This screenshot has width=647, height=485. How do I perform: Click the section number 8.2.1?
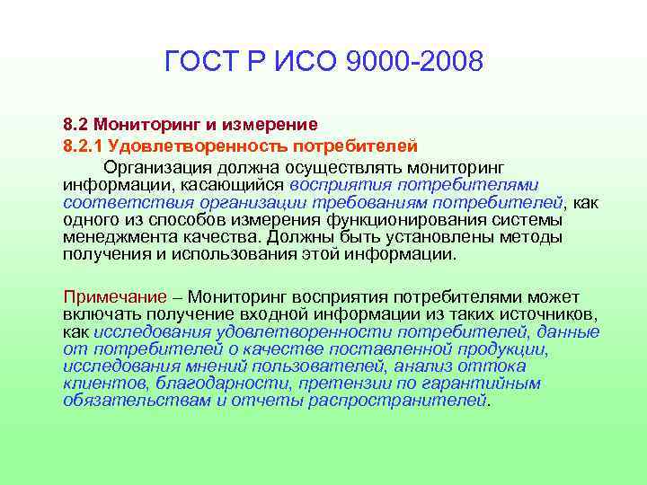pos(86,145)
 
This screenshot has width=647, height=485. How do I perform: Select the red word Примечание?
pos(115,296)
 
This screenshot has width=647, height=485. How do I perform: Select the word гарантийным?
pos(490,384)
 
